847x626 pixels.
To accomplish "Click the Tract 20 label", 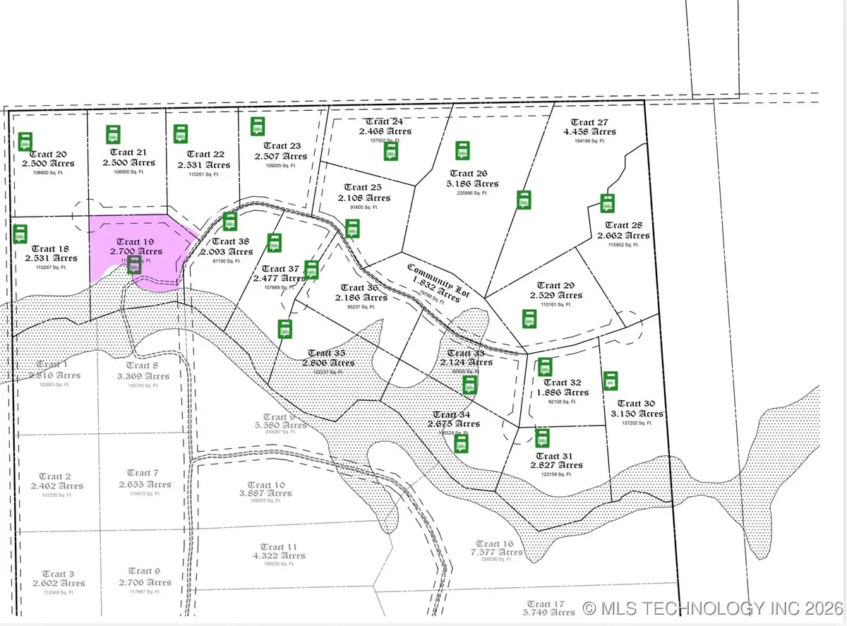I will click(x=50, y=155).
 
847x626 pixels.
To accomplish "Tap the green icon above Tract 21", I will click(x=113, y=134).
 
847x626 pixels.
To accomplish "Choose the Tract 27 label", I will click(x=589, y=122).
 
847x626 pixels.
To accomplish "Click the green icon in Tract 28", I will click(x=607, y=203).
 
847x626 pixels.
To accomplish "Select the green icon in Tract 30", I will click(x=611, y=380).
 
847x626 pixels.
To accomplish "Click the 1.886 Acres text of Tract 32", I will click(x=563, y=392).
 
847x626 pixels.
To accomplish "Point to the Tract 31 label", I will click(x=557, y=455).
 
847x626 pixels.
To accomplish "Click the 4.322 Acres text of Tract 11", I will click(x=278, y=556).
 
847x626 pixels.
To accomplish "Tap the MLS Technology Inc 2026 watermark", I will click(x=712, y=608).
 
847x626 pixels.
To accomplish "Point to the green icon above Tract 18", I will click(x=21, y=234).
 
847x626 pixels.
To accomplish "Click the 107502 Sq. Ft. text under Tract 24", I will click(x=385, y=140).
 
